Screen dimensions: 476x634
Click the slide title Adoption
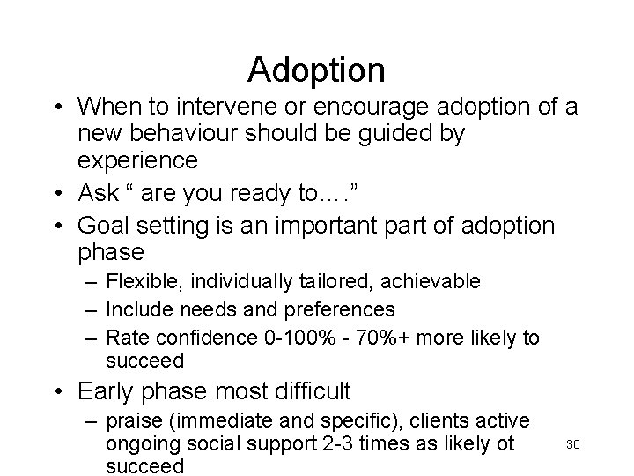click(x=316, y=69)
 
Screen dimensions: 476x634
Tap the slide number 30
click(x=572, y=443)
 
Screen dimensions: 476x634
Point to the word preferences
click(x=346, y=309)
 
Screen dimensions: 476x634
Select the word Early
click(x=107, y=390)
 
